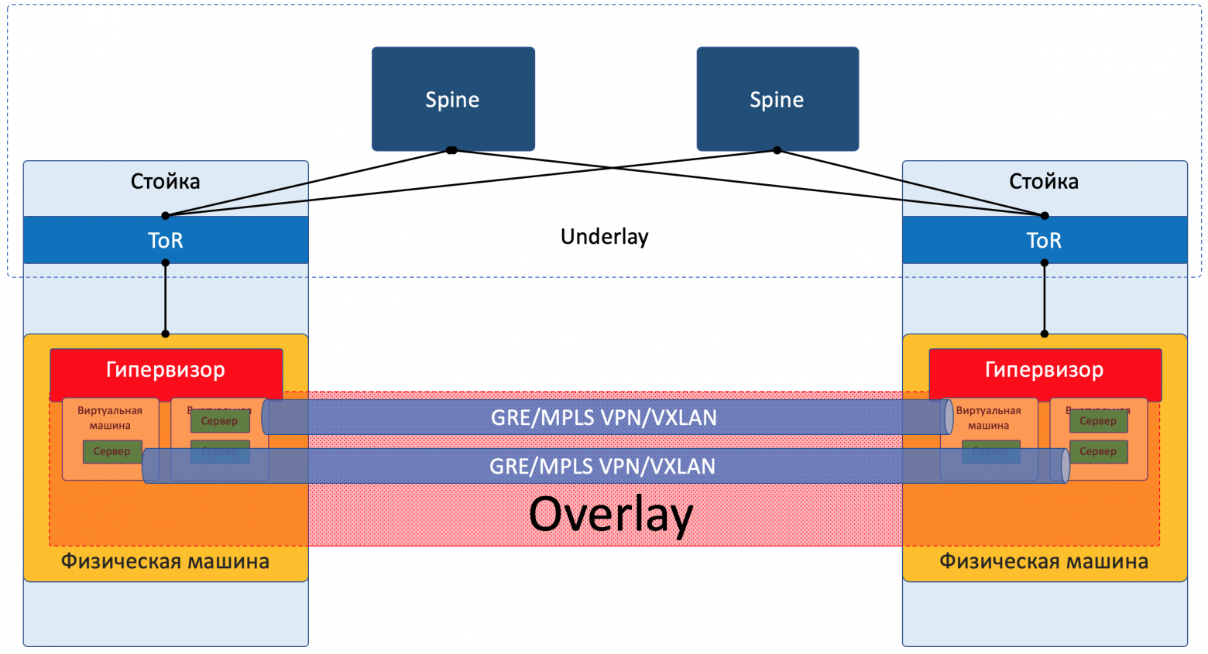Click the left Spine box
tap(453, 99)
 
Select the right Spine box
tap(777, 99)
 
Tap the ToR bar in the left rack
tap(166, 240)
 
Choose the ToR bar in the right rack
tap(1044, 240)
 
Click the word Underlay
tap(604, 237)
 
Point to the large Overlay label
tap(610, 514)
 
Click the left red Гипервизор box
tap(166, 370)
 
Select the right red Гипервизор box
tap(1044, 370)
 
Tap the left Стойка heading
tap(166, 182)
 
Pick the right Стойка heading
tap(1044, 182)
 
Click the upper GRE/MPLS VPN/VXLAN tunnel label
tap(604, 418)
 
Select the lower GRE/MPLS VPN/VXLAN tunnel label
tap(602, 466)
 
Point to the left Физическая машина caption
tap(166, 561)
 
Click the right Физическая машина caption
tap(1044, 561)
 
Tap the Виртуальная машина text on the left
tap(110, 418)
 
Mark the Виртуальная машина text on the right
tap(988, 418)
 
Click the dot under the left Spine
tap(452, 150)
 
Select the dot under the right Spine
tap(777, 150)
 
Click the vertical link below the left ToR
tap(166, 299)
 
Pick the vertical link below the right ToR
tap(1044, 299)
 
